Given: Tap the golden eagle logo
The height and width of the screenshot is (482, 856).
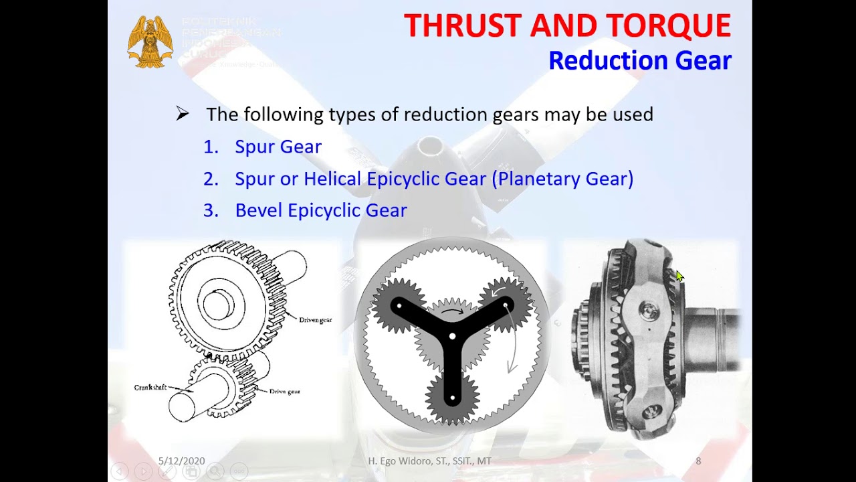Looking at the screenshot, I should pos(150,42).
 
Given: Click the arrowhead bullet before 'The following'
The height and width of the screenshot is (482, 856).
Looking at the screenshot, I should pos(183,114).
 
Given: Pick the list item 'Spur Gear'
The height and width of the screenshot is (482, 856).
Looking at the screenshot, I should pos(278,147).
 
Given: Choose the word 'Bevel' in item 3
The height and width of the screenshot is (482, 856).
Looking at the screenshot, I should pos(259,210).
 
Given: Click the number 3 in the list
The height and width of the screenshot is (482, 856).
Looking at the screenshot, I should pos(210,210).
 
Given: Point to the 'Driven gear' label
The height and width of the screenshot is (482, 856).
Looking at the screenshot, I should pos(315,320).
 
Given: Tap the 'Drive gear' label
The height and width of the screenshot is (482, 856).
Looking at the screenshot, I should pos(284,391).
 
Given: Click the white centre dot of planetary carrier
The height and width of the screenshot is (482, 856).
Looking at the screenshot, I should pos(453,336).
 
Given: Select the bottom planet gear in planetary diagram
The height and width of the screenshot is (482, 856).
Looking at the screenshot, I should pos(453,398).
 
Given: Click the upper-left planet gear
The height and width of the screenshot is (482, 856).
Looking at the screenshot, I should pos(399,306).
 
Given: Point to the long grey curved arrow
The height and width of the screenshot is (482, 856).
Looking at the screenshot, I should pos(514,341).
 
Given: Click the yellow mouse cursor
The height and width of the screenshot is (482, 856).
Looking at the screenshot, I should pos(679,276).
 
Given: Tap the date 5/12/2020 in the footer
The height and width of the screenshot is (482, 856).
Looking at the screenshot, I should pos(181,461).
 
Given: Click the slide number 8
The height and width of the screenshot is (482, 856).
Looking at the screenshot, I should pos(698,461).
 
